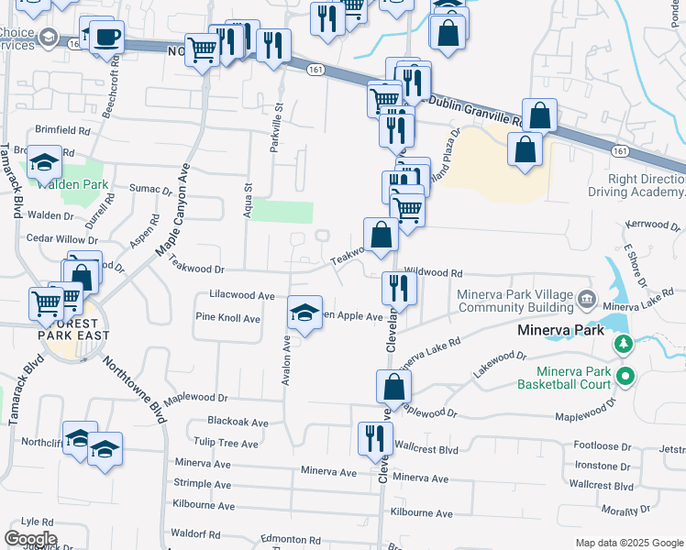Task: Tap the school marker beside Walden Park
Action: (44, 163)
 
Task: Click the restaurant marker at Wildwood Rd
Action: (399, 287)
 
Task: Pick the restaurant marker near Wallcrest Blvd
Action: (374, 436)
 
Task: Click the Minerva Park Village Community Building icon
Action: (588, 300)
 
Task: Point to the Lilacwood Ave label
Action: (242, 296)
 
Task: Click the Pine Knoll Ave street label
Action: (228, 318)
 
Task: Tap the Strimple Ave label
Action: (202, 484)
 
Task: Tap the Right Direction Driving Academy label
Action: (646, 186)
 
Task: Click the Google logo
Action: (30, 539)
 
